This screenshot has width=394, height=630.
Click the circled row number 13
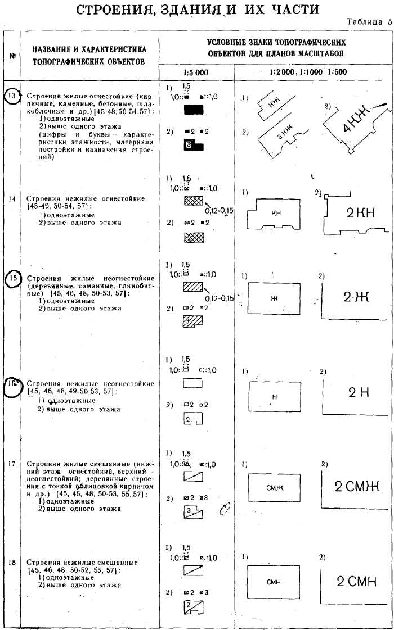point(12,96)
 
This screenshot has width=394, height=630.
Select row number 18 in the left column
point(12,562)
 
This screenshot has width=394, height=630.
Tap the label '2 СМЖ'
point(356,486)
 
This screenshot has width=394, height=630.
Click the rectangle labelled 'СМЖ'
point(273,488)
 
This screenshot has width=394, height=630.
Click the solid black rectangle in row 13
point(194,110)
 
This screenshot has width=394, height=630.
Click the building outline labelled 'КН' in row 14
point(276,214)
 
